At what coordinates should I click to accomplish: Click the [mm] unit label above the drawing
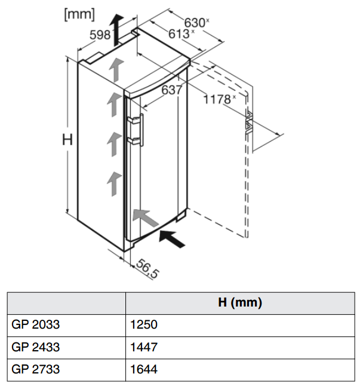(79, 15)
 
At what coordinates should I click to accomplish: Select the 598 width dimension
(100, 35)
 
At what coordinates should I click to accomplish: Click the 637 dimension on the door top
(171, 90)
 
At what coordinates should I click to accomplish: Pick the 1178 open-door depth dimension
(218, 99)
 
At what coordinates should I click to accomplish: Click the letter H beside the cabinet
(67, 140)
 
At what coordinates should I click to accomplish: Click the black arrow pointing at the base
(173, 238)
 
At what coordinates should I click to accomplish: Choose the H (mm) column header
(240, 303)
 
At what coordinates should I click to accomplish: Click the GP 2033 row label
(36, 325)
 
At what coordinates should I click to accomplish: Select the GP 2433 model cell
(36, 347)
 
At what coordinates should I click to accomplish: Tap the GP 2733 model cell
(36, 369)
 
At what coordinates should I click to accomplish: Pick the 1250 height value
(143, 325)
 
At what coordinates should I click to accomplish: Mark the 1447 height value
(143, 347)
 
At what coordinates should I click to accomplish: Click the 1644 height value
(143, 369)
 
